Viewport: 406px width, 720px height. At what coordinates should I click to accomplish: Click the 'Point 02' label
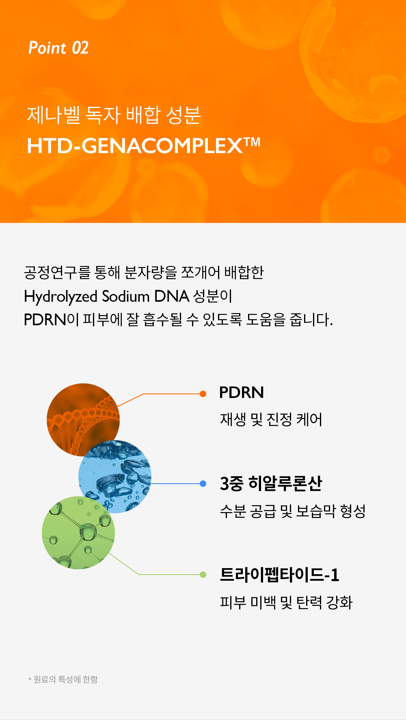pyautogui.click(x=58, y=48)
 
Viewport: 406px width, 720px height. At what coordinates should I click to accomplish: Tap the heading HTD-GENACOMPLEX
pyautogui.click(x=135, y=146)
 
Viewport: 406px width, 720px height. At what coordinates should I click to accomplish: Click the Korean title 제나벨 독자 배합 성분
pyautogui.click(x=114, y=115)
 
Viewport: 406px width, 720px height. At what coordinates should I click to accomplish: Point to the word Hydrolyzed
pyautogui.click(x=60, y=297)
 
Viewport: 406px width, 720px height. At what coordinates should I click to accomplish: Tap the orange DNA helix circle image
pyautogui.click(x=83, y=419)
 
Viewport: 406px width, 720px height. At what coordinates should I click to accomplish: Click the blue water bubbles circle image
pyautogui.click(x=115, y=476)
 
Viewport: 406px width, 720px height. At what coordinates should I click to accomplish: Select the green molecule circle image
pyautogui.click(x=78, y=532)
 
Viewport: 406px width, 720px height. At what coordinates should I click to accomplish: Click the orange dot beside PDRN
pyautogui.click(x=203, y=394)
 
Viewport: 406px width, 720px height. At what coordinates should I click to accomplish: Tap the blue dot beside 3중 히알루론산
pyautogui.click(x=203, y=484)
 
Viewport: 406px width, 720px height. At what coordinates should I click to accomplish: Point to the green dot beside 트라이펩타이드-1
pyautogui.click(x=203, y=575)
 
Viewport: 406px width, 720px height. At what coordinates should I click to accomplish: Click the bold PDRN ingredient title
pyautogui.click(x=242, y=393)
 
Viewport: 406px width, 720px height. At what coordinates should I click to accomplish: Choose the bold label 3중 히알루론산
pyautogui.click(x=271, y=484)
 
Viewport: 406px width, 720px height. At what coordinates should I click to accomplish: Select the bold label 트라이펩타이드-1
pyautogui.click(x=279, y=575)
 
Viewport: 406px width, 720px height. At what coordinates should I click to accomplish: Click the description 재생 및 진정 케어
pyautogui.click(x=271, y=419)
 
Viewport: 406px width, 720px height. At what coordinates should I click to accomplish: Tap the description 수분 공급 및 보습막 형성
pyautogui.click(x=293, y=511)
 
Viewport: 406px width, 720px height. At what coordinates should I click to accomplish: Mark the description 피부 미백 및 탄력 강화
pyautogui.click(x=286, y=602)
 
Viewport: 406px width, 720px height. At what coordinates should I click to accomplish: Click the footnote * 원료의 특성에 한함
pyautogui.click(x=63, y=679)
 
